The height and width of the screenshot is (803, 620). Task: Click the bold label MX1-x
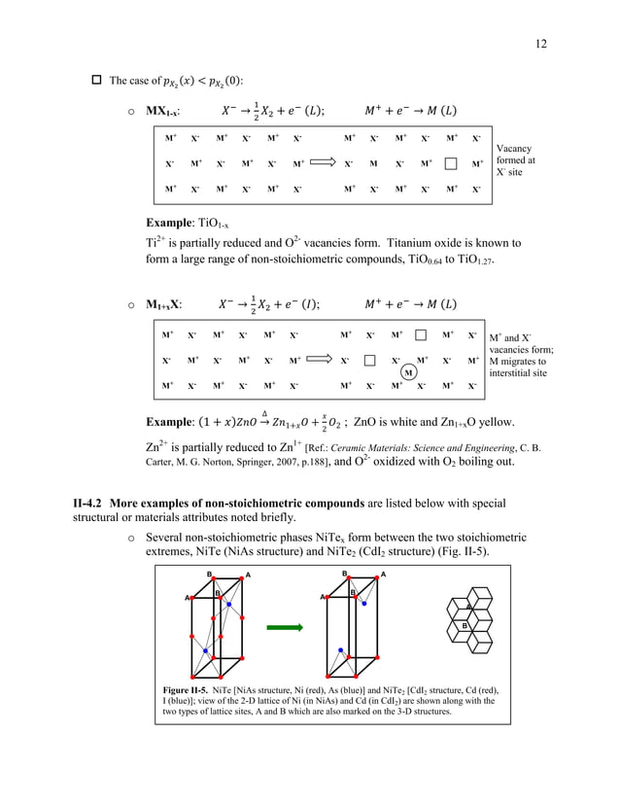point(161,110)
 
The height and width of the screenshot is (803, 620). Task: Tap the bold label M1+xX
point(163,304)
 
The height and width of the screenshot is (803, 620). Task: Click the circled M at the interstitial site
point(409,372)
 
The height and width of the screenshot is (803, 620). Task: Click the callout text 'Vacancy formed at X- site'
point(515,160)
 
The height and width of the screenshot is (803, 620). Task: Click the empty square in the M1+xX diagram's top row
point(421,335)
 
